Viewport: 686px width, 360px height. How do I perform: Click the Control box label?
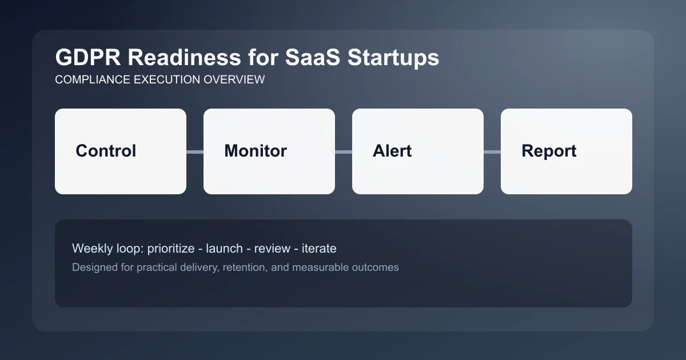(106, 151)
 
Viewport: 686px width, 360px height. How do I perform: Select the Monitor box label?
(256, 151)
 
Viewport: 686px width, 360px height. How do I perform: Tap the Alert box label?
(392, 151)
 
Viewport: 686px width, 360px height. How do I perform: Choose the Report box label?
(549, 151)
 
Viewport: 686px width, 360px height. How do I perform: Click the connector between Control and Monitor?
(195, 151)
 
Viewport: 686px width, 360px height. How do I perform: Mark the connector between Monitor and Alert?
(344, 151)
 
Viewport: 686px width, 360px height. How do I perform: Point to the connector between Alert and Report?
(492, 151)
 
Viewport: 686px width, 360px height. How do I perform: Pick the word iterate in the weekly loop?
(318, 249)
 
